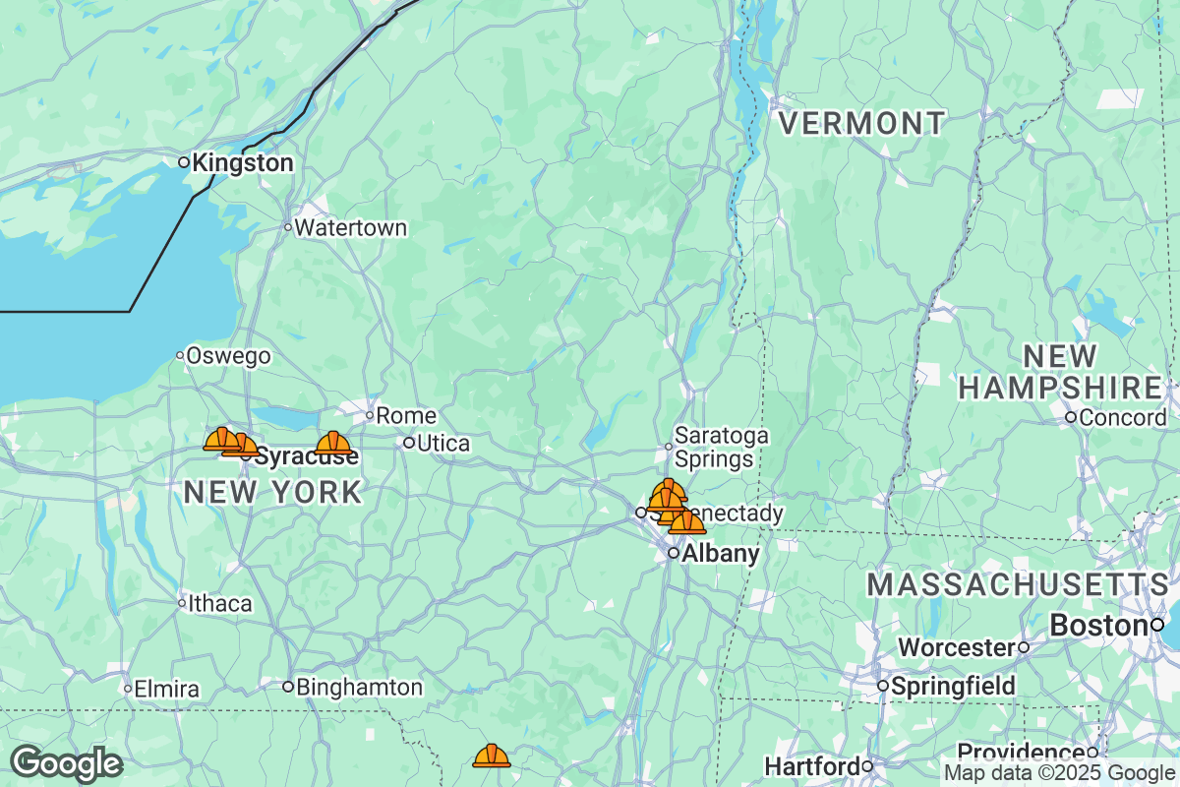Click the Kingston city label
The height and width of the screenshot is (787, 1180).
click(242, 163)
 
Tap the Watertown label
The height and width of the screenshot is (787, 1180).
click(350, 228)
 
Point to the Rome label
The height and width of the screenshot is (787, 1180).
click(406, 415)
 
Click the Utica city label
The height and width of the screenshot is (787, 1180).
click(442, 444)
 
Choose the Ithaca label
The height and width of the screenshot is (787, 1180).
click(219, 603)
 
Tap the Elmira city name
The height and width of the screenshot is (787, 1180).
click(166, 689)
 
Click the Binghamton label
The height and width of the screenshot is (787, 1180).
click(359, 687)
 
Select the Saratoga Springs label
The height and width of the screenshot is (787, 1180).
click(721, 447)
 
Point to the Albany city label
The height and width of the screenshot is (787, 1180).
click(720, 554)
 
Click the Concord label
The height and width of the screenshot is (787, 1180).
click(1122, 418)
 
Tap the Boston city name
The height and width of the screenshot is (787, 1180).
click(1099, 625)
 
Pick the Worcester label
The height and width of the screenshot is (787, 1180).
click(957, 648)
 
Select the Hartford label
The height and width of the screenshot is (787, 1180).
click(812, 765)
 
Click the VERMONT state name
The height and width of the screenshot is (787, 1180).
click(861, 124)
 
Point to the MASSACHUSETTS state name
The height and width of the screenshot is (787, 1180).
click(1018, 584)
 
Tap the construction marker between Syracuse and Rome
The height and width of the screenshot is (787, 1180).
click(333, 444)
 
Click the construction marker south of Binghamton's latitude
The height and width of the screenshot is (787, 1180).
click(492, 756)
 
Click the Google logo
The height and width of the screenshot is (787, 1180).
click(67, 763)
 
